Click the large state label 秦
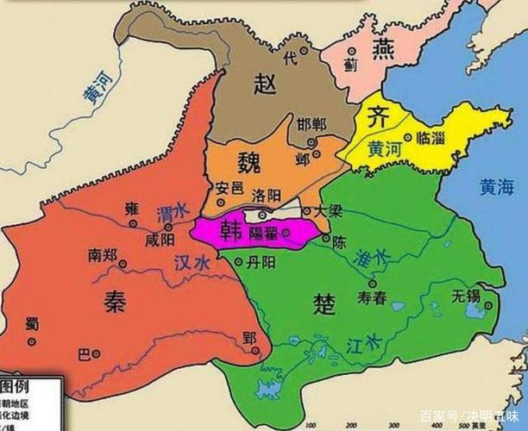click(x=113, y=301)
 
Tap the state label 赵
click(x=265, y=83)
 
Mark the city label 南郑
click(x=103, y=255)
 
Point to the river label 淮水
click(x=372, y=256)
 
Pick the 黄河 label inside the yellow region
click(x=384, y=148)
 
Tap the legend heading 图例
click(x=17, y=384)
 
